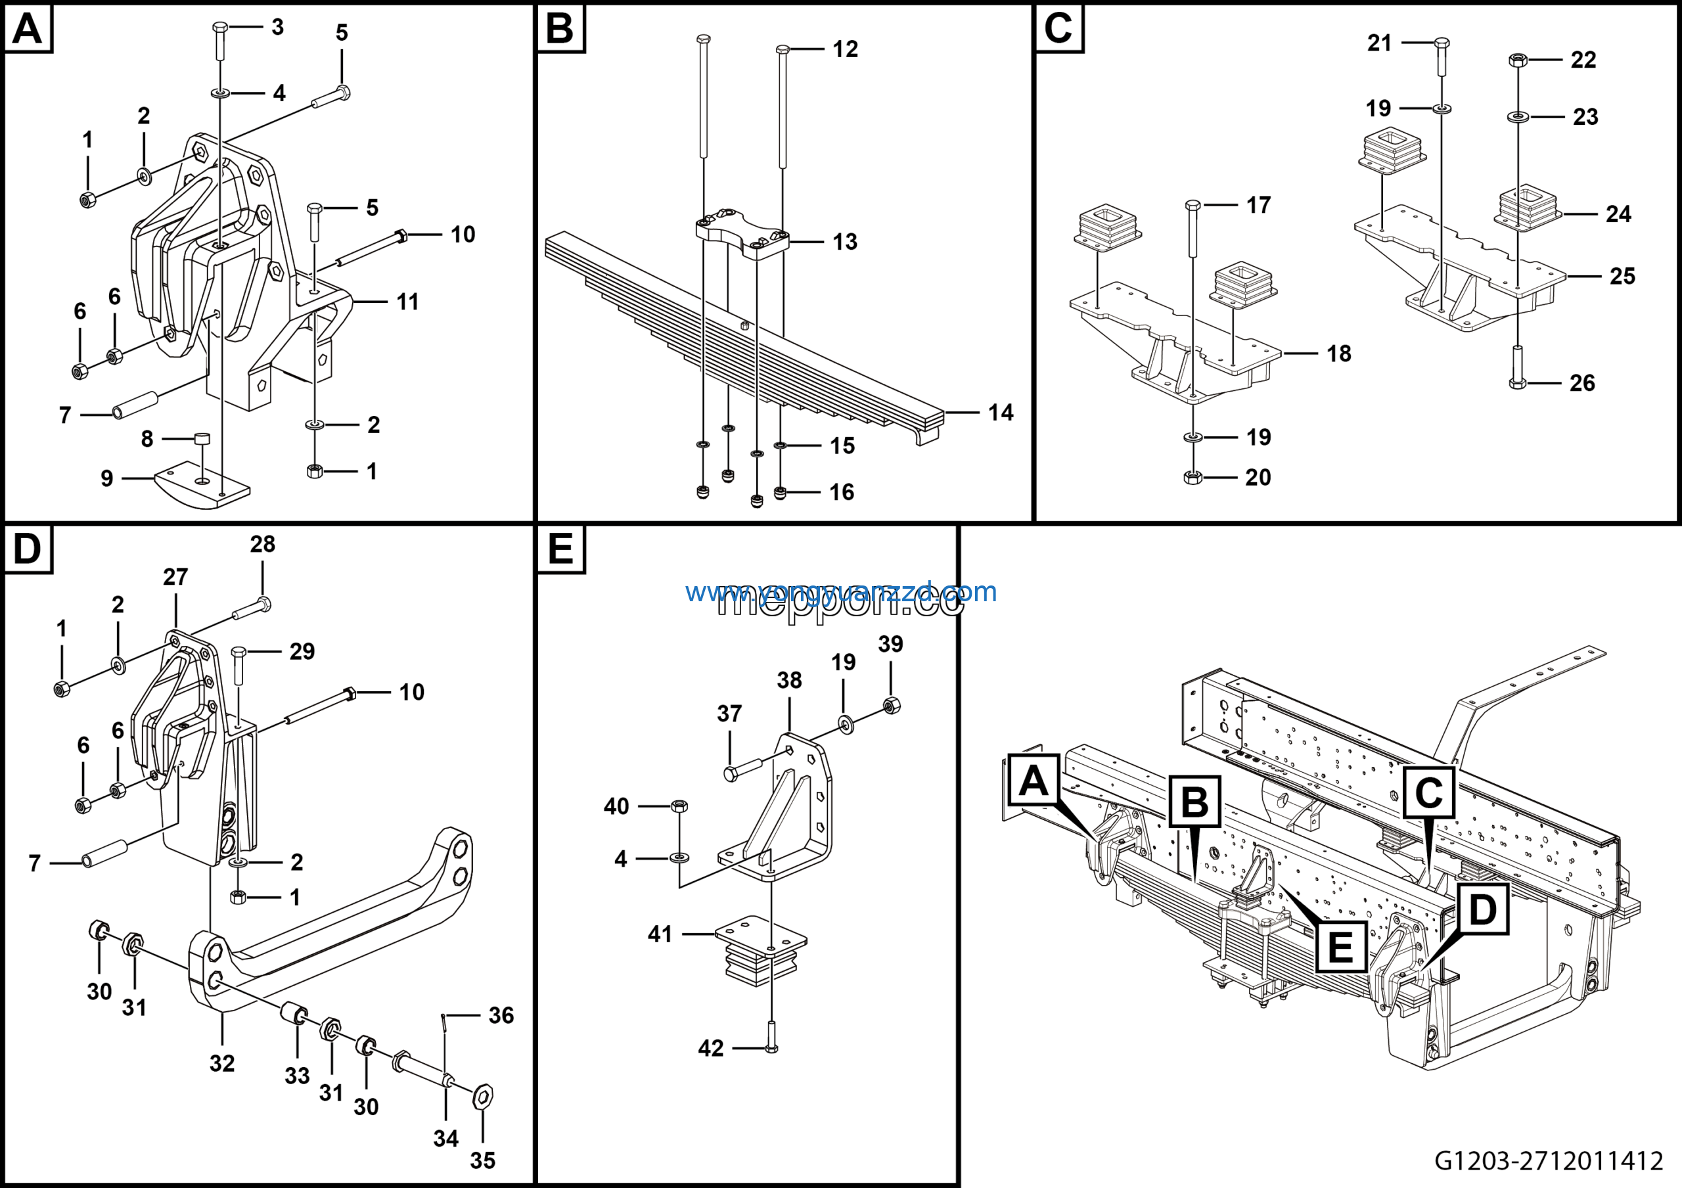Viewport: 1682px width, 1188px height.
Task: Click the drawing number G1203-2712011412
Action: (x=1548, y=1160)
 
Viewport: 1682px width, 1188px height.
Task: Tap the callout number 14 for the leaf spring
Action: (x=1000, y=413)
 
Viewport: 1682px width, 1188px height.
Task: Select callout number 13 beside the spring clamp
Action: (x=845, y=242)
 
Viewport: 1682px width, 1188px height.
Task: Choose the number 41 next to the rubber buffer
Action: (x=659, y=934)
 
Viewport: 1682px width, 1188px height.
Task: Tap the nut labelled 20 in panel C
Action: (x=1193, y=478)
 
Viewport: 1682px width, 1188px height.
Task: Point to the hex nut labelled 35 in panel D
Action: (x=483, y=1097)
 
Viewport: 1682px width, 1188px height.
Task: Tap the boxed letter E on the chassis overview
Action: (x=1340, y=947)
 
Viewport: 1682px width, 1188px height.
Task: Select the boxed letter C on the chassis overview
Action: (x=1428, y=792)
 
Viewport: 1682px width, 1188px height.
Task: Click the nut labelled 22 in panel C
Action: (x=1517, y=60)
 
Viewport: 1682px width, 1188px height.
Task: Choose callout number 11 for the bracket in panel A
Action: (x=407, y=302)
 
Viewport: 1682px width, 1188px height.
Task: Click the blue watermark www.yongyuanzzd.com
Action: (x=841, y=592)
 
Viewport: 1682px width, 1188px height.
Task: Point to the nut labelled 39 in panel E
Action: (x=892, y=705)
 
